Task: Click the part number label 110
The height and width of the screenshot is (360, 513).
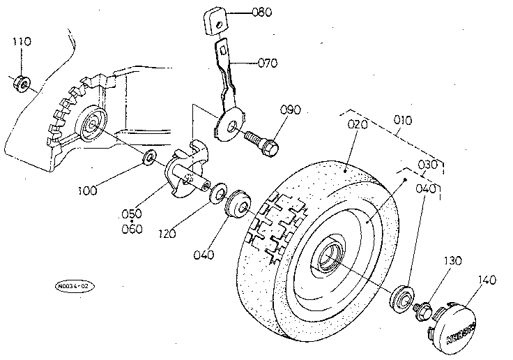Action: [x=22, y=43]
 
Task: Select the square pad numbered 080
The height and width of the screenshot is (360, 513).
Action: [x=215, y=20]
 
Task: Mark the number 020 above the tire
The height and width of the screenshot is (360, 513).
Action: [x=357, y=125]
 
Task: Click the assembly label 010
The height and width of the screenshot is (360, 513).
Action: [x=402, y=120]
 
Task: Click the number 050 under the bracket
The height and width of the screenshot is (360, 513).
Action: [x=132, y=213]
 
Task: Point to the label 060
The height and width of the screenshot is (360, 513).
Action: [x=132, y=229]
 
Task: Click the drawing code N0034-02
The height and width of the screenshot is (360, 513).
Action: [x=74, y=286]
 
